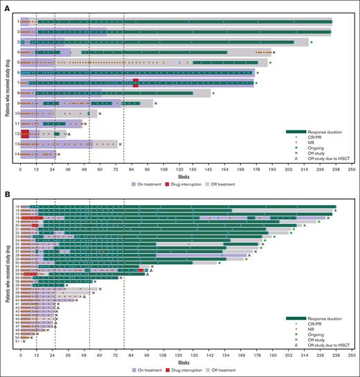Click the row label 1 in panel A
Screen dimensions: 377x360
tap(16, 21)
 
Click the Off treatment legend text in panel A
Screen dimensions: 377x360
tap(241, 184)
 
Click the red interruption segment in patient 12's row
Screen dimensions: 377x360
tap(25, 134)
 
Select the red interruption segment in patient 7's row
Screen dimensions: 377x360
tap(136, 82)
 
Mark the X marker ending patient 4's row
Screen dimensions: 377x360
tap(274, 52)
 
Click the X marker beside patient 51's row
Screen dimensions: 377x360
tap(24, 341)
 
